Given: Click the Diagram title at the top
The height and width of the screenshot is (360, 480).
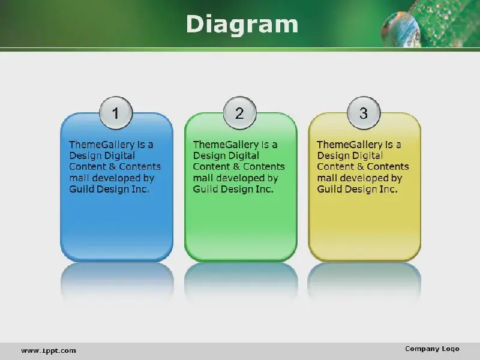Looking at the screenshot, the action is [x=242, y=24].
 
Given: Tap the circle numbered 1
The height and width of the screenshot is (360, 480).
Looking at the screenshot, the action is [x=116, y=113].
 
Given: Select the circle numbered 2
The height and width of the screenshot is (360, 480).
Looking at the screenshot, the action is [x=239, y=113].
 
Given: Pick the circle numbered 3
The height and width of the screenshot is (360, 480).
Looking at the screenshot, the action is [x=364, y=113].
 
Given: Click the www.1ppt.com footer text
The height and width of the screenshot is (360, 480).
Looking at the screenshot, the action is [x=49, y=350].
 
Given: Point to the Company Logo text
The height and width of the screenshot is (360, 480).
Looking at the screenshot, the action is [x=432, y=349].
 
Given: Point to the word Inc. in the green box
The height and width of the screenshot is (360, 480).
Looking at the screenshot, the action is [x=265, y=189].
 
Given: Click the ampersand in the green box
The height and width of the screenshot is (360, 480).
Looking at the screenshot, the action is [x=236, y=167].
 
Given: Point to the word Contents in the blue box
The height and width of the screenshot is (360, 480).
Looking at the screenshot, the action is [x=140, y=167].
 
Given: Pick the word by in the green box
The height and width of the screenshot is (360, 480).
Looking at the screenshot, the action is [x=272, y=178].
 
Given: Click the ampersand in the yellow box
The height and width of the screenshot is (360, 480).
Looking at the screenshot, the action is [x=361, y=167].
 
